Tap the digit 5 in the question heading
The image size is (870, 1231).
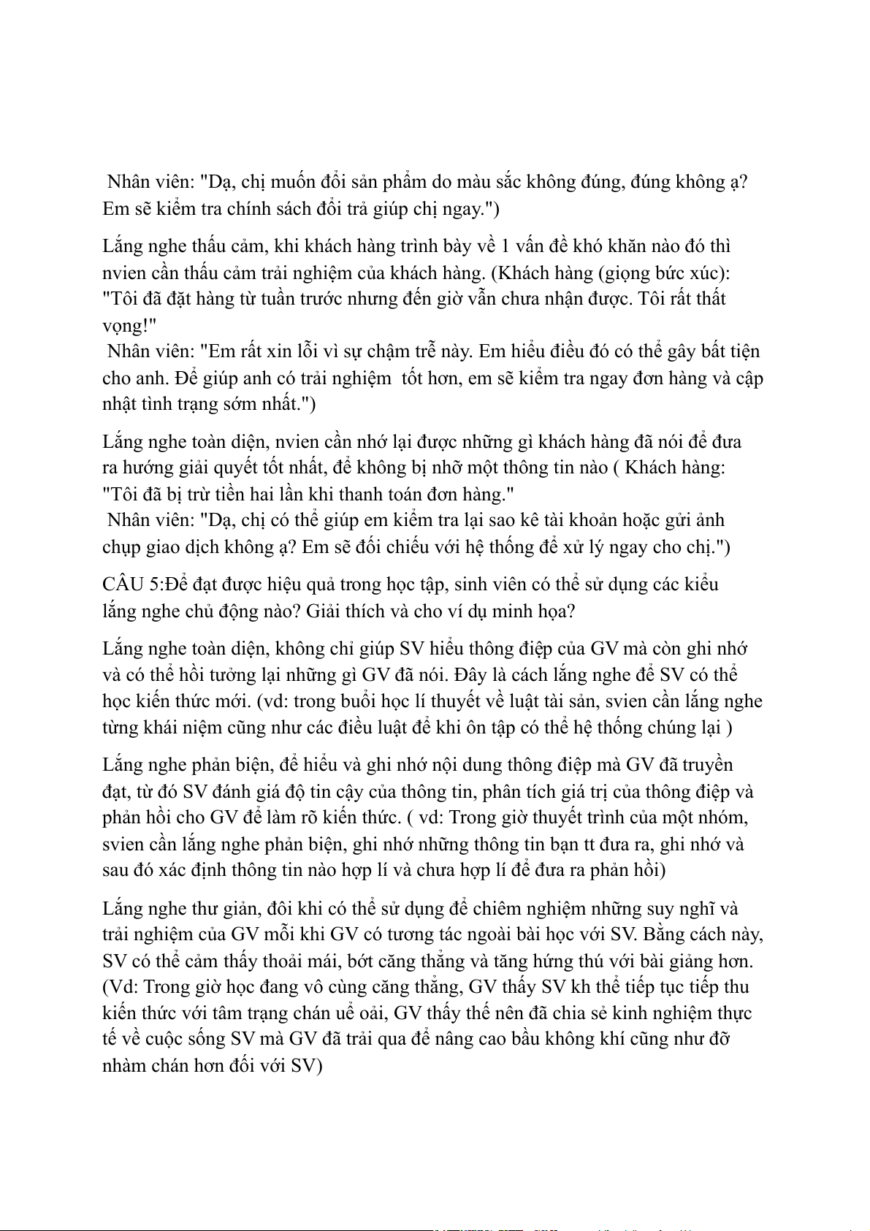click(156, 584)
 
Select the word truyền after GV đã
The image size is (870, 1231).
click(707, 765)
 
